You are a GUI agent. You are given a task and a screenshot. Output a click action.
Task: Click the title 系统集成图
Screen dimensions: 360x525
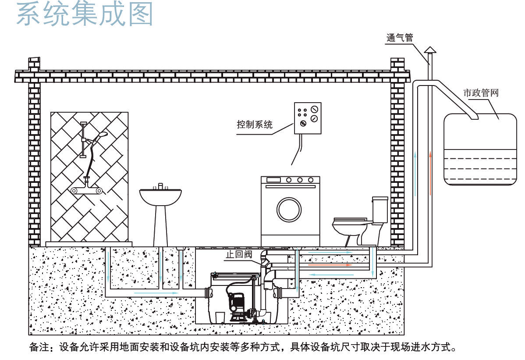[85, 15]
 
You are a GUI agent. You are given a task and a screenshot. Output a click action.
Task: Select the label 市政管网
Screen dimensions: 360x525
[481, 93]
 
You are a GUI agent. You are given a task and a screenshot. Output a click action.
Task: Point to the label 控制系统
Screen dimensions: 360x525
[255, 125]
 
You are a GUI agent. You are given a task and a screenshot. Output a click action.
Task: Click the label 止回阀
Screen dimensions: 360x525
[239, 254]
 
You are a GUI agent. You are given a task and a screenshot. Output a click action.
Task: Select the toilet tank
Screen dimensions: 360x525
[380, 209]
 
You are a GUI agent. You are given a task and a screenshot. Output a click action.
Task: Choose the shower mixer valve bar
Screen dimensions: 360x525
[86, 191]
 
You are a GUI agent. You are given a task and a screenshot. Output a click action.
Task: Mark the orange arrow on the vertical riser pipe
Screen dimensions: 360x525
[431, 173]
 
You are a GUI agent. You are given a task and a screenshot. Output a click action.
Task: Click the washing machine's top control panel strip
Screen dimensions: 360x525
[290, 180]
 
